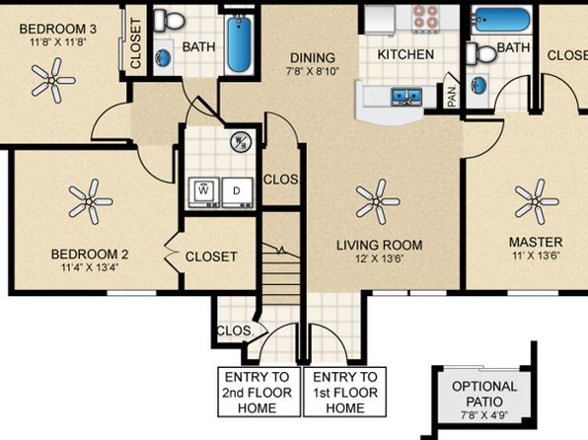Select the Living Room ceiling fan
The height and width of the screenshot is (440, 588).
pyautogui.click(x=374, y=200)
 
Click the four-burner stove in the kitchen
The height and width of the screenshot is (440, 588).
pyautogui.click(x=426, y=17)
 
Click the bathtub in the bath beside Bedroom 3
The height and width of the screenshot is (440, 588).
pyautogui.click(x=240, y=42)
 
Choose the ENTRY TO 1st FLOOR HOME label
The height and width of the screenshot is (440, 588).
pyautogui.click(x=344, y=392)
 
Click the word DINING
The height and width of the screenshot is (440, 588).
pyautogui.click(x=311, y=58)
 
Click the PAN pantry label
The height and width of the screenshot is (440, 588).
pyautogui.click(x=451, y=96)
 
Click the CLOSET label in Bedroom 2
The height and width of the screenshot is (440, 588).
pyautogui.click(x=211, y=257)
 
